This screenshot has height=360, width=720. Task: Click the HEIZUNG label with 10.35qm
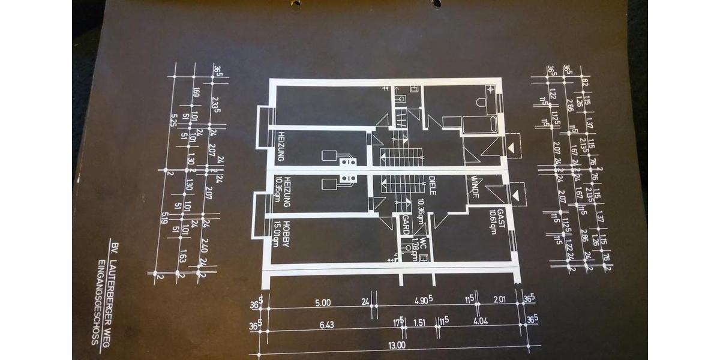[x=287, y=192]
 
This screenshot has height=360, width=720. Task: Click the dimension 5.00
[x=323, y=303]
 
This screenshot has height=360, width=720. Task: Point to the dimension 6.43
[x=327, y=325]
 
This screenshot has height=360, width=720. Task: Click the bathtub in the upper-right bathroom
[x=480, y=124]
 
